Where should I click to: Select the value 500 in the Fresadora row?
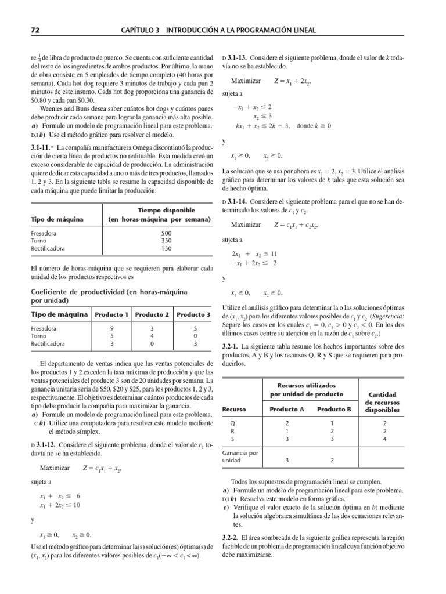pos(166,233)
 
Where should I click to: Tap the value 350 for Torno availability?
pos(166,241)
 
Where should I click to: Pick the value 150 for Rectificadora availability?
pos(166,248)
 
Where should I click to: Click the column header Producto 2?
pos(152,314)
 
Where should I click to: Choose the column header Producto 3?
pos(193,314)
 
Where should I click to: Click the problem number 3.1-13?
pos(240,58)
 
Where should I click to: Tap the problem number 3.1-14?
pos(240,201)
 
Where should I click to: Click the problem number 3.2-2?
pos(234,538)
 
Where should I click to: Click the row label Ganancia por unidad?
pos(236,456)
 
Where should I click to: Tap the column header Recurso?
pos(235,409)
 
